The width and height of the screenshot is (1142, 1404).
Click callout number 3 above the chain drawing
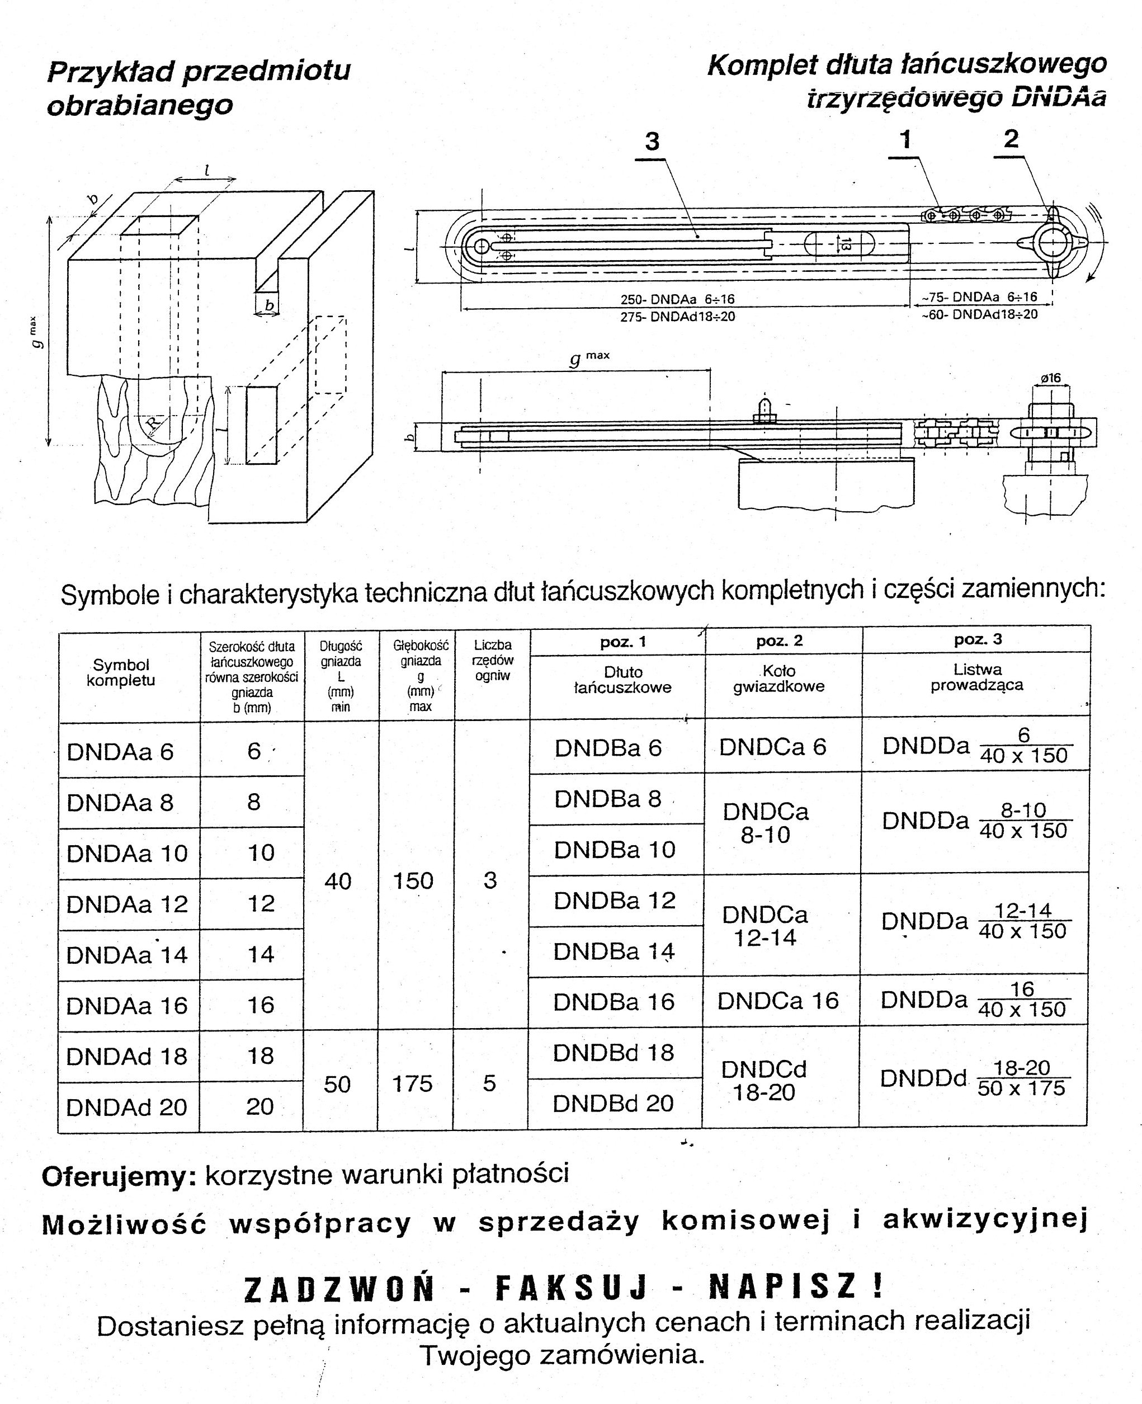tap(652, 142)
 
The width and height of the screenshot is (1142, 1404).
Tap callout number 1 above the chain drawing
tap(905, 139)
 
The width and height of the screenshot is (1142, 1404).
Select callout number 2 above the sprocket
tap(1011, 138)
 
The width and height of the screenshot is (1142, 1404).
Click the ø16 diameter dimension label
tap(1050, 378)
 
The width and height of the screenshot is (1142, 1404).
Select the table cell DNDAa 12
tap(127, 904)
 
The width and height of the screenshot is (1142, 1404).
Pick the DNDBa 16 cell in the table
tap(614, 1001)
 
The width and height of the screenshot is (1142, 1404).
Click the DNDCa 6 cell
tap(772, 747)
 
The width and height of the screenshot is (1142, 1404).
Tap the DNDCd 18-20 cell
tap(764, 1080)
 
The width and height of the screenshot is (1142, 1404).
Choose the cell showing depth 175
tap(413, 1083)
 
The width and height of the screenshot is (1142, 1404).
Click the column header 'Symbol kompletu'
tap(121, 672)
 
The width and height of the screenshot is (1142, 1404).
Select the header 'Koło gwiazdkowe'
tap(779, 679)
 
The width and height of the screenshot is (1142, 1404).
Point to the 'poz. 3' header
tap(978, 639)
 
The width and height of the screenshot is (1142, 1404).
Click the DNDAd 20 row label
tap(127, 1106)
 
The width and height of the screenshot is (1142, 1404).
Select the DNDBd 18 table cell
tap(613, 1053)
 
